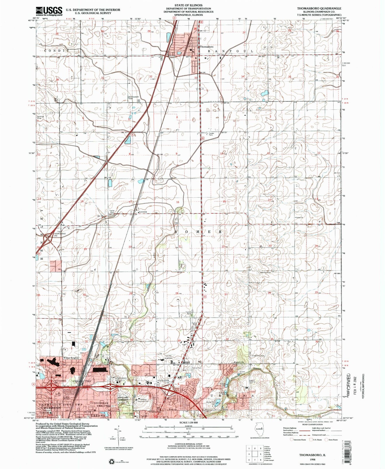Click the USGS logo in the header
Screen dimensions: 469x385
[x=49, y=11]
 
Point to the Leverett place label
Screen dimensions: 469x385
[x=143, y=212]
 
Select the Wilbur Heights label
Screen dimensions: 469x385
[x=71, y=358]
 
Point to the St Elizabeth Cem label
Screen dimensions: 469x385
[x=134, y=97]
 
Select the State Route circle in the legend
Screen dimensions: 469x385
[x=327, y=447]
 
